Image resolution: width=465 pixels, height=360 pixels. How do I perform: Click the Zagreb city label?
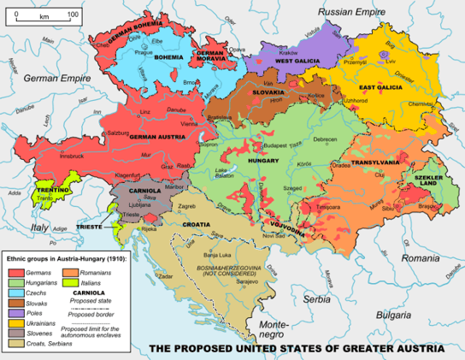(x=186, y=206)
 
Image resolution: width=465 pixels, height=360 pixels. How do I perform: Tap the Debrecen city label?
(x=325, y=139)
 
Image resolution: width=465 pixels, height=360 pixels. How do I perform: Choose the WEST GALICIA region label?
(x=297, y=63)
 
